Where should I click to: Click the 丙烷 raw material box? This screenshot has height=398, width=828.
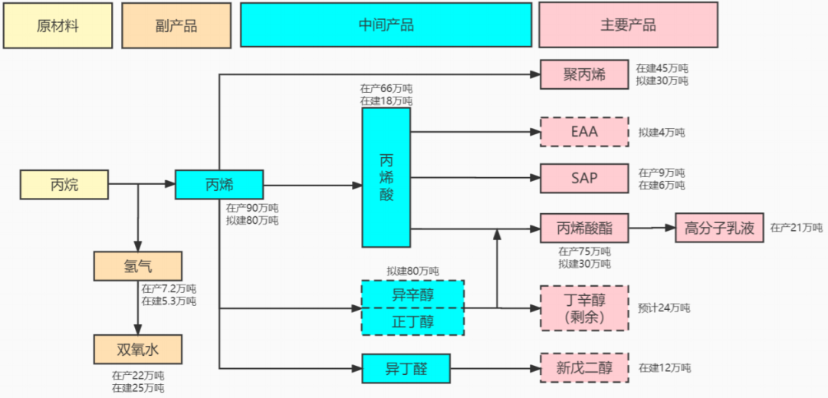[x=64, y=185]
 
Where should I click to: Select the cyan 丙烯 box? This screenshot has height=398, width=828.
[x=219, y=185]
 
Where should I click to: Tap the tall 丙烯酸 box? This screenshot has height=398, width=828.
[x=386, y=177]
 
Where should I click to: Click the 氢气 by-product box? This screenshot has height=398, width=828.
[x=138, y=266]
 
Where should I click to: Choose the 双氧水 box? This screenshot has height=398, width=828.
[x=138, y=349]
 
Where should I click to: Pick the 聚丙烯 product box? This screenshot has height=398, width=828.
[x=584, y=74]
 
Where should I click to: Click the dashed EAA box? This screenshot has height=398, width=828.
[x=584, y=132]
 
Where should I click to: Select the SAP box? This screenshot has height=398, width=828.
[x=584, y=179]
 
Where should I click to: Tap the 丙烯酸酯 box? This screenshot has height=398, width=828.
[x=584, y=228]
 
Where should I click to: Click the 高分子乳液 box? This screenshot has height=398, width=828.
[x=719, y=228]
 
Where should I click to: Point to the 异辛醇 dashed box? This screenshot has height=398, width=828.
[x=413, y=294]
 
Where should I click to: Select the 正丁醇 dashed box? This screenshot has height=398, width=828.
[x=413, y=321]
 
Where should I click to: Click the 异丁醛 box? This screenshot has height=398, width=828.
[x=406, y=368]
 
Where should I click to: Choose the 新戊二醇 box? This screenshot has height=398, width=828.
[x=584, y=368]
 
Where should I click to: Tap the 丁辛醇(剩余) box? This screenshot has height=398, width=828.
[x=584, y=308]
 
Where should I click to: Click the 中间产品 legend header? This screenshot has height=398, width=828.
[x=386, y=25]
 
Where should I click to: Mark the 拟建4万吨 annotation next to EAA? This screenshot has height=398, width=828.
[x=662, y=133]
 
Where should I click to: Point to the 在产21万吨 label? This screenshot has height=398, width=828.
[x=796, y=228]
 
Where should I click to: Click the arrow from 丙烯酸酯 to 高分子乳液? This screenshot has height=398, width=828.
[x=652, y=228]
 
